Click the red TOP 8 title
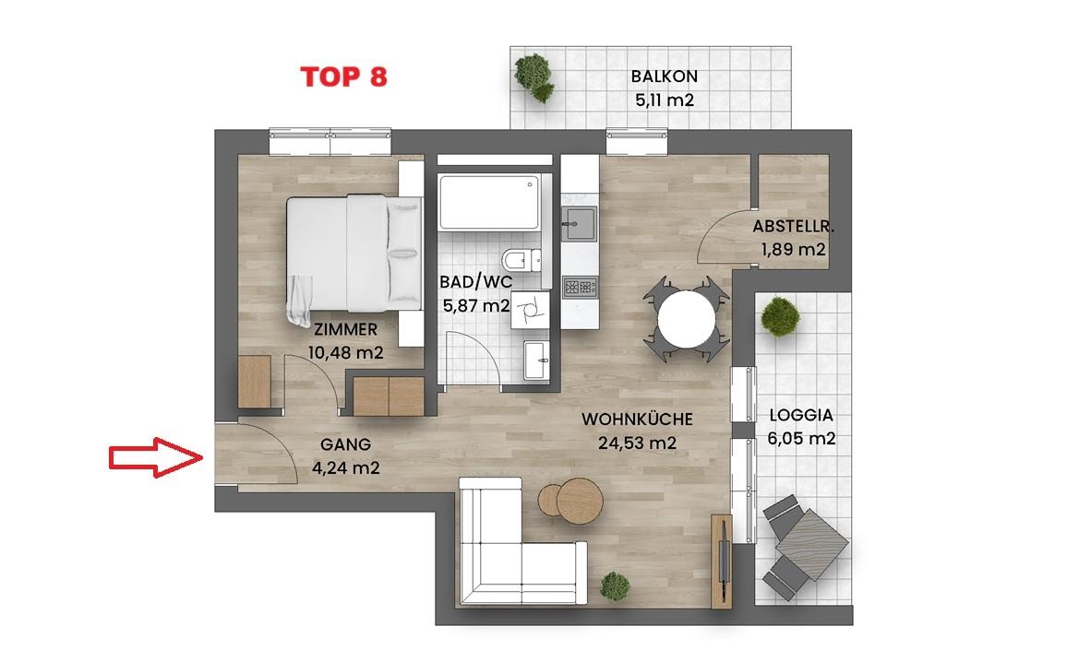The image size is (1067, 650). (x=343, y=77)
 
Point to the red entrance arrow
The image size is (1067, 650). (x=157, y=457)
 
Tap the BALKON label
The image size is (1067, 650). (x=665, y=77)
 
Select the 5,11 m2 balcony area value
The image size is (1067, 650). (x=665, y=100)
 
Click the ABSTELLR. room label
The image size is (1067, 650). (x=793, y=227)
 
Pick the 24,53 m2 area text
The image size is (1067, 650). (x=637, y=443)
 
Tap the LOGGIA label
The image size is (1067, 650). (x=801, y=415)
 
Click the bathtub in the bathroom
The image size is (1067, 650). (x=489, y=203)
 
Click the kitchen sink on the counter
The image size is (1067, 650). (x=579, y=224)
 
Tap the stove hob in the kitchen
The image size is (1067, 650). (x=580, y=287)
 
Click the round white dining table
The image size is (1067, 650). (x=687, y=318)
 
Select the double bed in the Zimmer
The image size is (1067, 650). (x=354, y=255)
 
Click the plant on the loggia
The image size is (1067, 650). (x=780, y=316)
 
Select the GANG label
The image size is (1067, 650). (x=346, y=444)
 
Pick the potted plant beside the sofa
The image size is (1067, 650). (x=615, y=586)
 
